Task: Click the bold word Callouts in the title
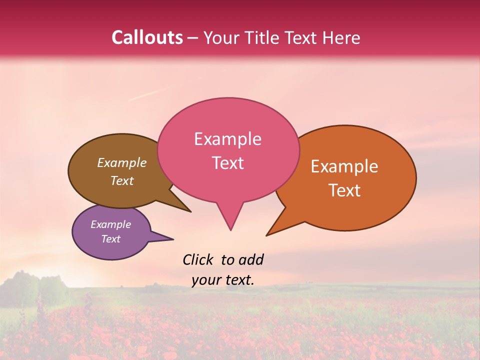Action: pos(147,37)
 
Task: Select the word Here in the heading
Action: pos(341,37)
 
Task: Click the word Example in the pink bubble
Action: pos(227,139)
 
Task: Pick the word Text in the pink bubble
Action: pos(227,163)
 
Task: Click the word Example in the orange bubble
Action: pos(344,166)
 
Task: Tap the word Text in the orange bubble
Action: pos(344,190)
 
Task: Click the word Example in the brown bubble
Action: pos(122,162)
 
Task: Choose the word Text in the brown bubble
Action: pos(122,180)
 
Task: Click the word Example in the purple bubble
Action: pos(110,224)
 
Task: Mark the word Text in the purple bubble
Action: pos(110,239)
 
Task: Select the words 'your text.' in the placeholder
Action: pos(223,280)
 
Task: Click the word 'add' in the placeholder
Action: pos(250,259)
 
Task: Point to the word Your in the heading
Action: pos(220,37)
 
